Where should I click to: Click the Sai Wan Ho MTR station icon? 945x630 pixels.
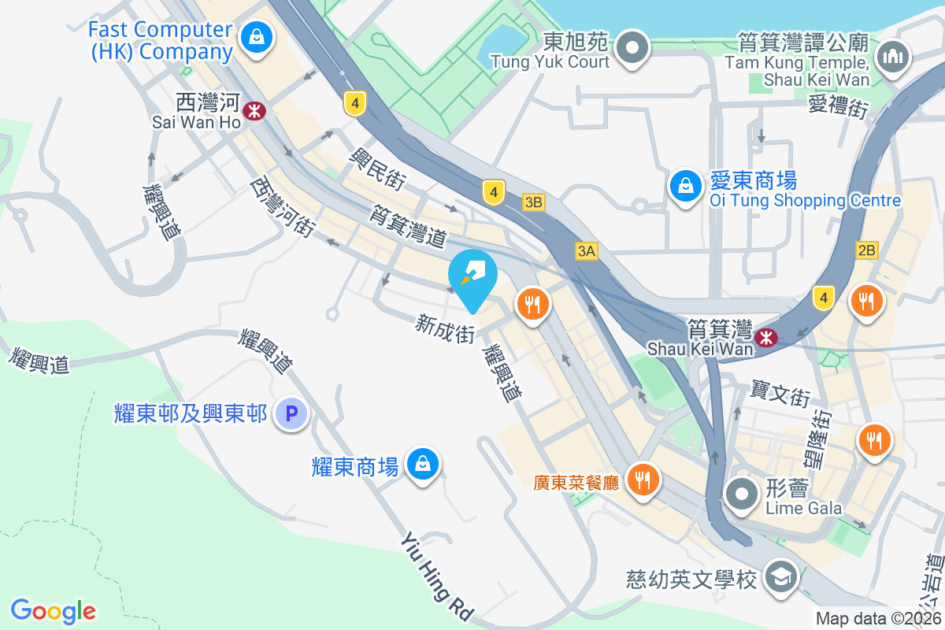[254, 111]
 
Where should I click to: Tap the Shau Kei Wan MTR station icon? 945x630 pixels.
[765, 337]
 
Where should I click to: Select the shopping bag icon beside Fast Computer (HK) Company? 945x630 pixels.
[257, 35]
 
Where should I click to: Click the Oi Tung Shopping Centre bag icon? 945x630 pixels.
[685, 187]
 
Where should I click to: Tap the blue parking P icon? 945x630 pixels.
[291, 413]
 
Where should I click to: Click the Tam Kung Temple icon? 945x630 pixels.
[892, 57]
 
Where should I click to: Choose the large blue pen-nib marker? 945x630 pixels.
[472, 275]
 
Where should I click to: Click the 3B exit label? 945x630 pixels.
[533, 202]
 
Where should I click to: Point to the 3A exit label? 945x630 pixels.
[586, 251]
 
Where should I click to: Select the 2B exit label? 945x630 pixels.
[866, 250]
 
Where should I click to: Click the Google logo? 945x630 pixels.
[54, 610]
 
